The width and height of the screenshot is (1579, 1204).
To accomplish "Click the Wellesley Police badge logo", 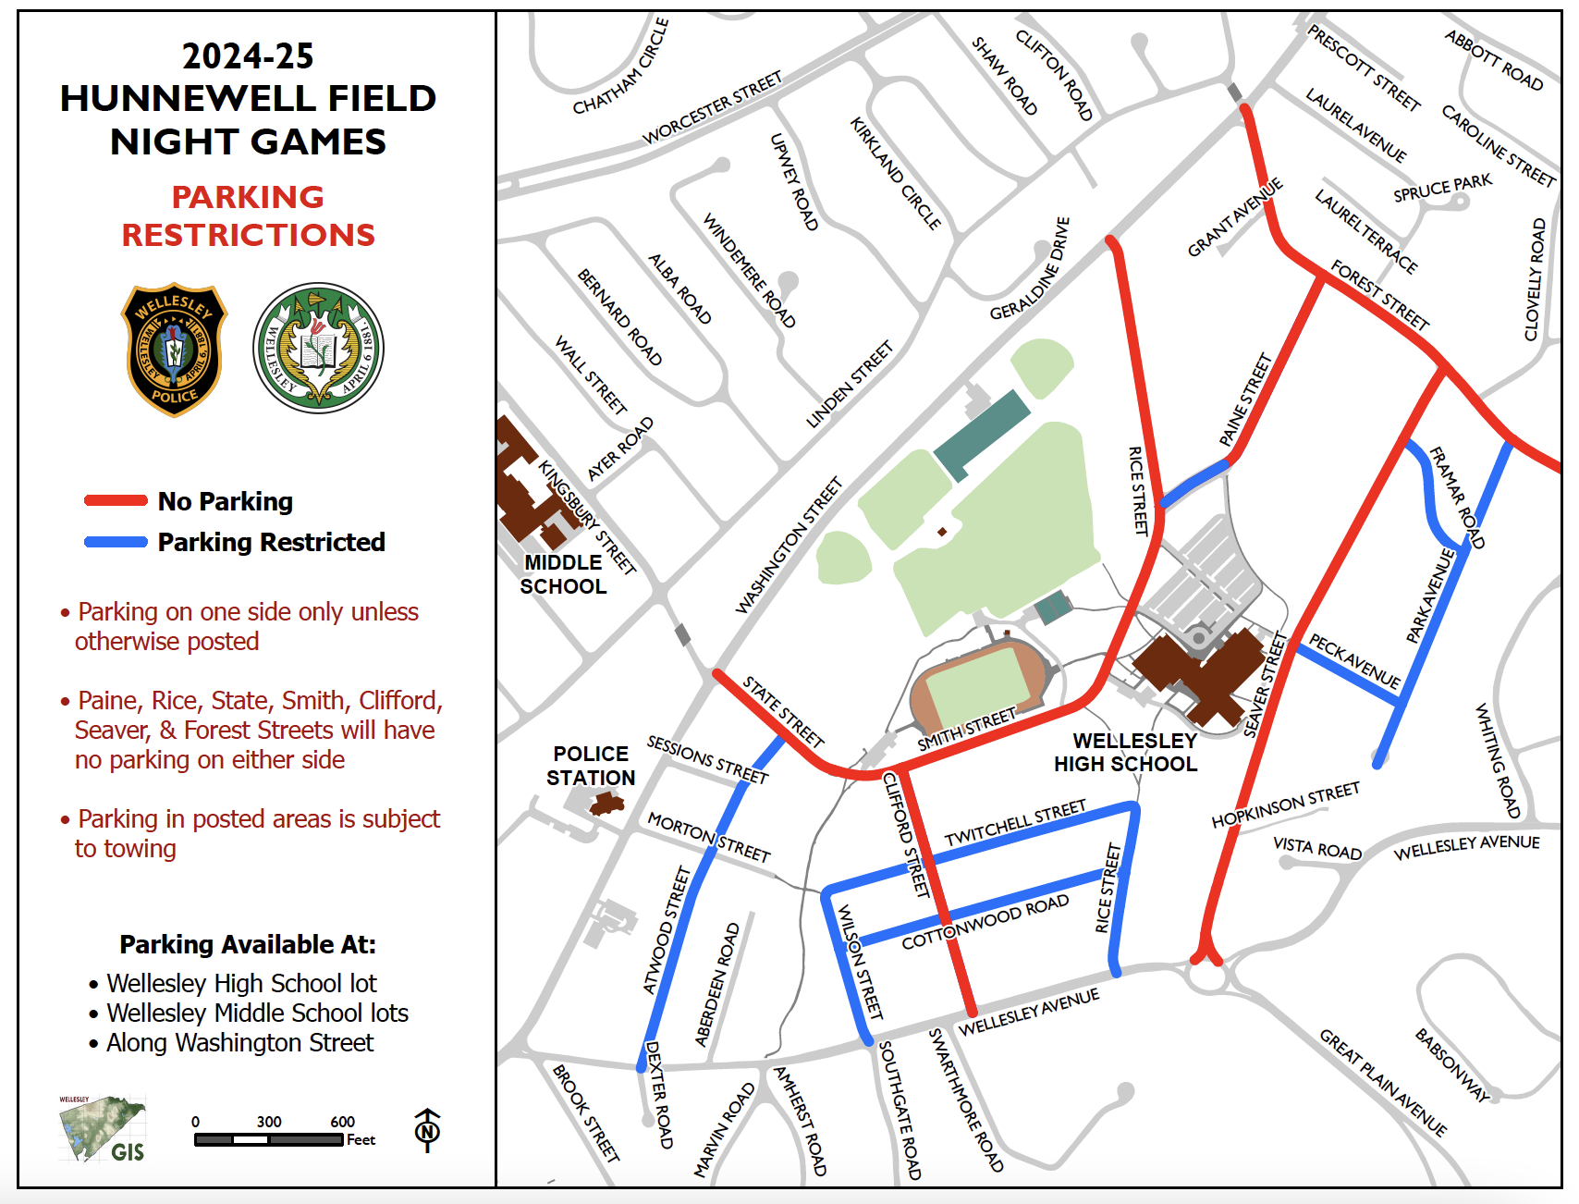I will click(x=174, y=349).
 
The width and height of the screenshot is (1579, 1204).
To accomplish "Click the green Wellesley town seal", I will click(x=318, y=348).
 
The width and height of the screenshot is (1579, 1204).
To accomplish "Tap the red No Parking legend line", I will click(x=116, y=501).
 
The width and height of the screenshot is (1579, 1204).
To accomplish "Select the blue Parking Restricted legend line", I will click(x=116, y=542).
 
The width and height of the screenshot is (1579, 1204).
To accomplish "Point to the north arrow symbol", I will click(x=427, y=1130).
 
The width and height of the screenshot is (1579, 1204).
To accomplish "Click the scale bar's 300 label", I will click(x=269, y=1122).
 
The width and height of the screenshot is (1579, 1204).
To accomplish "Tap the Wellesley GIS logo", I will click(x=103, y=1129).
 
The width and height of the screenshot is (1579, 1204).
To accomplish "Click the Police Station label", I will click(x=591, y=766).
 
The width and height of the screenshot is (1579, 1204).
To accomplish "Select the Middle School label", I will click(x=563, y=574).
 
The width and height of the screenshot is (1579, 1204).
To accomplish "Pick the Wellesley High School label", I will click(x=1130, y=753).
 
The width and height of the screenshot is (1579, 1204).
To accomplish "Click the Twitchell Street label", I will click(x=1015, y=823).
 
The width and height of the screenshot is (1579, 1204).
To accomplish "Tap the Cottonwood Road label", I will click(x=985, y=922).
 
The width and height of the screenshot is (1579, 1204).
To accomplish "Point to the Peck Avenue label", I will click(x=1354, y=661).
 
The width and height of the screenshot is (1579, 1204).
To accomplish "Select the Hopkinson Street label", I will click(x=1285, y=805).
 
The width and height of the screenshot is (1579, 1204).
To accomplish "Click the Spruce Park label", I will click(x=1442, y=188).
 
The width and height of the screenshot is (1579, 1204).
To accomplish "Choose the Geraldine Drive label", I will click(x=1030, y=269).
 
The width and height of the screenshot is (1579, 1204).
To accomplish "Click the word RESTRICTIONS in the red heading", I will click(x=249, y=235).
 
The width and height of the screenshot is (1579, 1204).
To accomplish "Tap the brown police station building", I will click(x=606, y=805).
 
